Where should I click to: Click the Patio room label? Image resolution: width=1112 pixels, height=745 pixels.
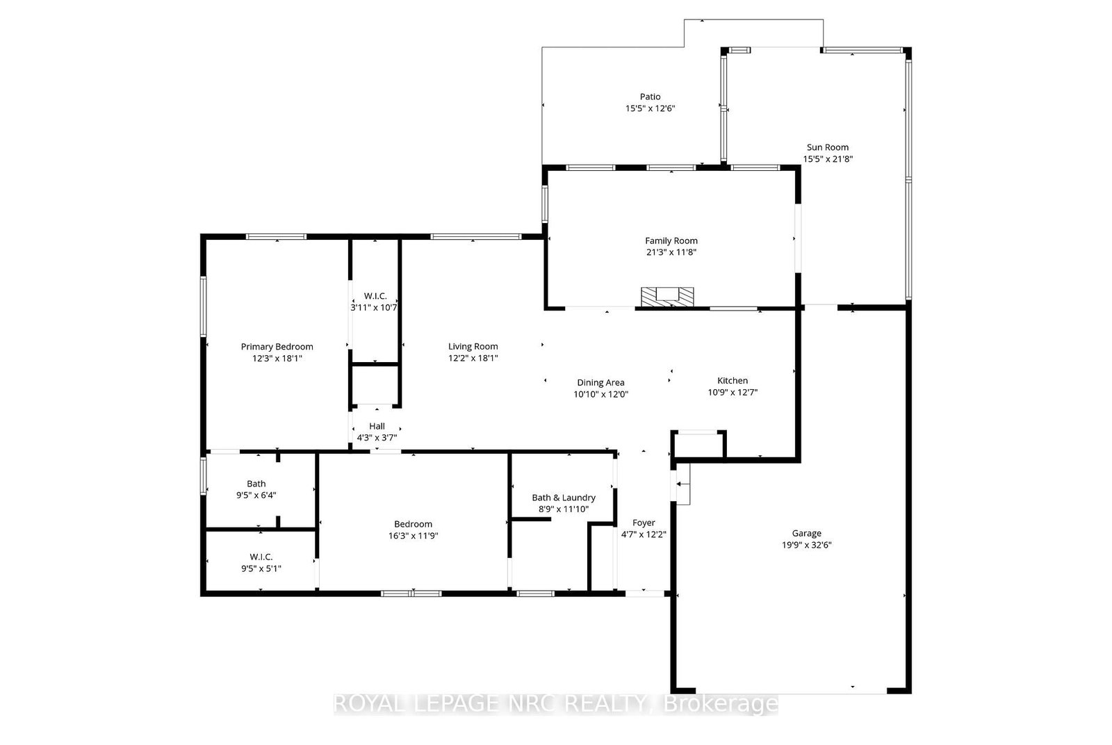[x=650, y=97]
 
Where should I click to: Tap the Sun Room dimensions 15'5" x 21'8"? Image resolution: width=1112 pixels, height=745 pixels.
[x=828, y=159]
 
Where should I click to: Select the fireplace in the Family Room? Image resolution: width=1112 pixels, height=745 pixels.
[x=667, y=297]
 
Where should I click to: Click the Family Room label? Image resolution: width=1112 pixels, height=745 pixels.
[x=671, y=240]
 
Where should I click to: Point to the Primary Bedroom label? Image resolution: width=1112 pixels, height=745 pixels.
[x=277, y=347]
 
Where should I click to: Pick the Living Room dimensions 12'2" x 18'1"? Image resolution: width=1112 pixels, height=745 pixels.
[x=473, y=359]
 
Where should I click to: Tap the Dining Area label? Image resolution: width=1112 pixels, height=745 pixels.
[x=600, y=383]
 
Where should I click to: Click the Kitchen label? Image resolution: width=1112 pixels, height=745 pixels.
[x=733, y=381]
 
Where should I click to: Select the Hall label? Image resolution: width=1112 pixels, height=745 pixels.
[x=377, y=426]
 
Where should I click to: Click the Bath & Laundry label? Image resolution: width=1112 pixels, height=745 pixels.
[x=564, y=498]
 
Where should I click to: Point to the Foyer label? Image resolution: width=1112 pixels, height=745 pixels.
[x=644, y=523]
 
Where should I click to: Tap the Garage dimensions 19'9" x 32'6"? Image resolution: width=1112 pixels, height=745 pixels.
[x=807, y=545]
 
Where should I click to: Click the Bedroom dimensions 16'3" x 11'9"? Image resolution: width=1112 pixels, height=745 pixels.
[x=414, y=536]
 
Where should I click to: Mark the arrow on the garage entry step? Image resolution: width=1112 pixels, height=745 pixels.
[x=683, y=484]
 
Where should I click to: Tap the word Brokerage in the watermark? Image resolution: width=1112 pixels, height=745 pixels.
[x=720, y=703]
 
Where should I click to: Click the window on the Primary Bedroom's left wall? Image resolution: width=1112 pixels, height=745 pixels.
[x=203, y=306]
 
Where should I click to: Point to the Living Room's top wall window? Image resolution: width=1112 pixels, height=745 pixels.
[x=475, y=237]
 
